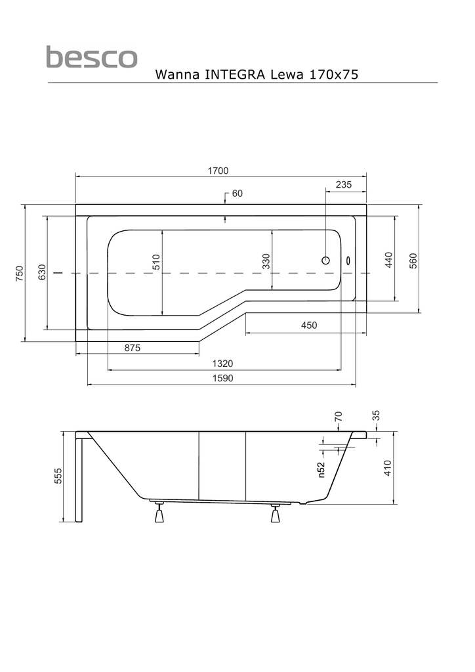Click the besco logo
(x=91, y=57)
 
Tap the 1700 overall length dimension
(x=218, y=171)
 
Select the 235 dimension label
(x=344, y=185)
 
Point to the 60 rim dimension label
(x=237, y=194)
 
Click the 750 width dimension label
(x=20, y=274)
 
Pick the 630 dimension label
(x=42, y=272)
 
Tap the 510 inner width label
(x=156, y=262)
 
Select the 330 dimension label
(x=266, y=262)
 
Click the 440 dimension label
(x=388, y=260)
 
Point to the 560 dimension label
(x=413, y=261)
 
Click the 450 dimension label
(x=309, y=325)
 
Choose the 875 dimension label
(x=132, y=348)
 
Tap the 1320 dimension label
(x=222, y=364)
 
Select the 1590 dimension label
(x=222, y=378)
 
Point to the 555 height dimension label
(x=58, y=476)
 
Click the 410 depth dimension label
(x=387, y=468)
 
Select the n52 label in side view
(x=321, y=469)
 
